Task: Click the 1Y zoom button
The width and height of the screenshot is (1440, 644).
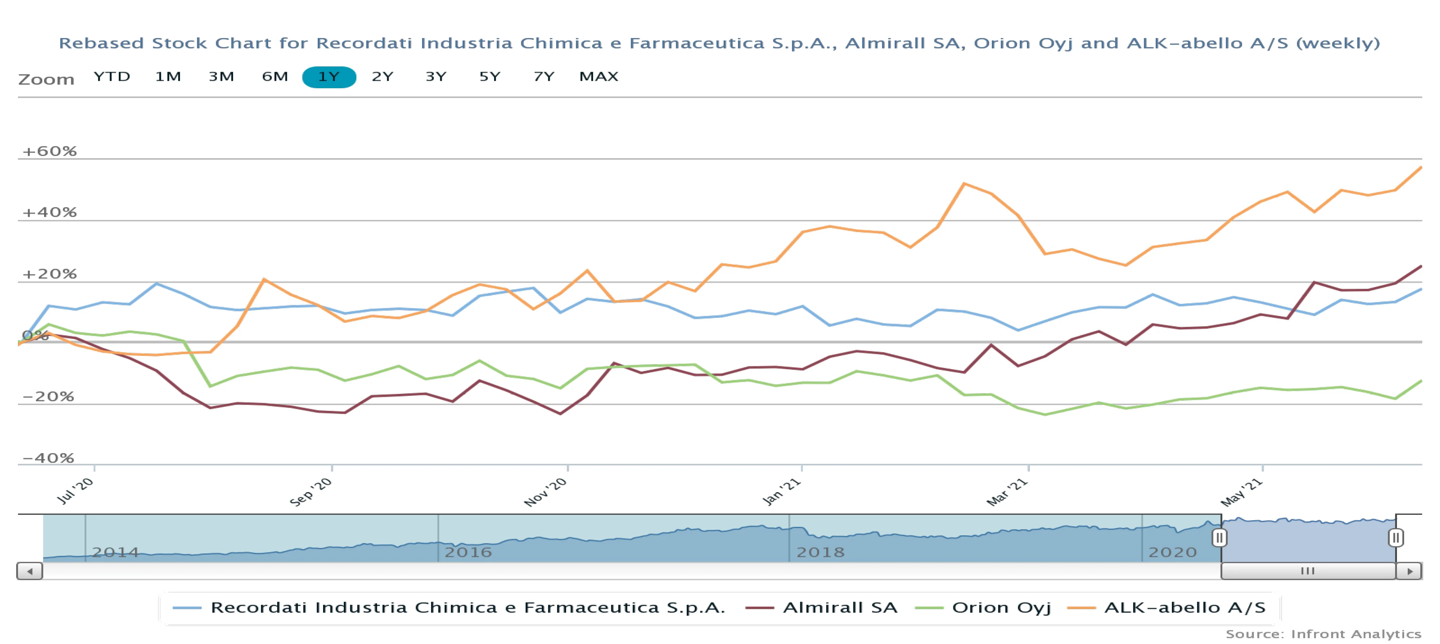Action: coord(329,77)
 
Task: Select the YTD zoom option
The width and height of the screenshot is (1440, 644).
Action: coord(112,77)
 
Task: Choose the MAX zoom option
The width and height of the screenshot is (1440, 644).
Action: coord(598,77)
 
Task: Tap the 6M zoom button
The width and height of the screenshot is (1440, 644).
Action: coord(274,77)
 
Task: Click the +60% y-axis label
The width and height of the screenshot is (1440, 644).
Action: coord(49,151)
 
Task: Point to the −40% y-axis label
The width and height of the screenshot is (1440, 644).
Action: coord(48,458)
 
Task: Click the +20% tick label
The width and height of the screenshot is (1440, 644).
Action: coord(49,274)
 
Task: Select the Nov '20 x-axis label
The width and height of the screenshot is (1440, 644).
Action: coord(545,492)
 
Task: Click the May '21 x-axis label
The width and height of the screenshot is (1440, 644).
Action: coord(1241,492)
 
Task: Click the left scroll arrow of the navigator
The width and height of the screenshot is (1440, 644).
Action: coord(30,571)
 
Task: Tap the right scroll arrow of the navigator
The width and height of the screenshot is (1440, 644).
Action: coord(1409,571)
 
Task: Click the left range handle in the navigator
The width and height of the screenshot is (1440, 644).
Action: coord(1219,538)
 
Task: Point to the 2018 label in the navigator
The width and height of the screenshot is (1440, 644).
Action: coord(820,552)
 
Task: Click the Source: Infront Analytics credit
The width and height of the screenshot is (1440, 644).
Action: coord(1323,634)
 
